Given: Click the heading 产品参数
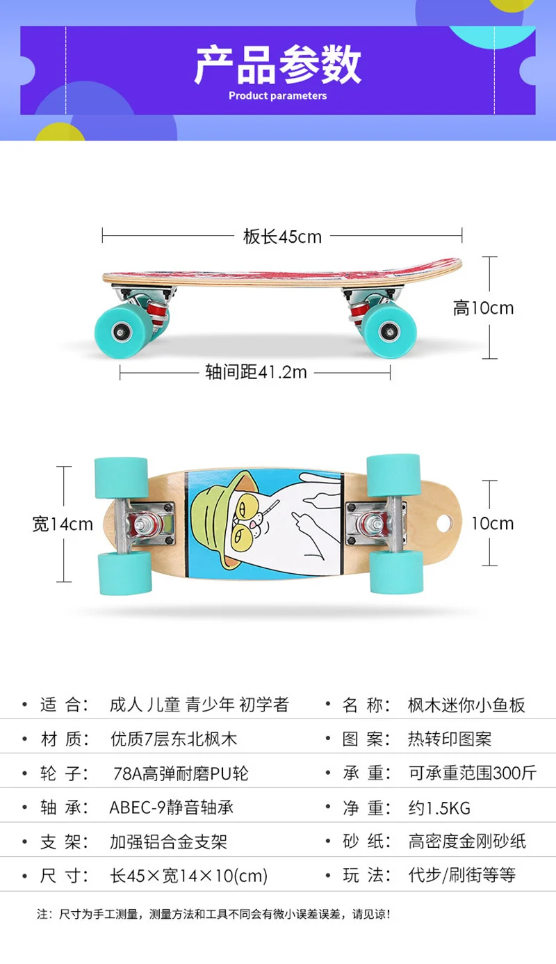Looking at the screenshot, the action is click(277, 65).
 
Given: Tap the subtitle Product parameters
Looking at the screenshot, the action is click(277, 95).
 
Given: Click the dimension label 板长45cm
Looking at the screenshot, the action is click(282, 236).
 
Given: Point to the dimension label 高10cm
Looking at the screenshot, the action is click(483, 308).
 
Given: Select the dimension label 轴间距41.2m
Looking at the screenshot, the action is click(256, 372).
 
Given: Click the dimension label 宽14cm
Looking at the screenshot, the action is click(63, 524).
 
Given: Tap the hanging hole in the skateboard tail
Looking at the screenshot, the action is click(444, 524).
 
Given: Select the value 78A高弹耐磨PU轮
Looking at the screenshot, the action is click(181, 773).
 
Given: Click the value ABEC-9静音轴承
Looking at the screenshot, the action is click(172, 808).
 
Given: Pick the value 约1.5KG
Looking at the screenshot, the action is click(439, 808).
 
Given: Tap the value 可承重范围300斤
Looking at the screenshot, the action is click(472, 773).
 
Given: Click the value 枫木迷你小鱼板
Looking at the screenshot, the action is click(466, 705).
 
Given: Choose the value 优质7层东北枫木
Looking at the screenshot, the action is click(174, 739).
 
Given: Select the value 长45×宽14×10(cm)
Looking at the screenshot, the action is click(189, 876).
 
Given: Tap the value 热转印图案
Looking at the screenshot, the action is click(450, 739).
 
